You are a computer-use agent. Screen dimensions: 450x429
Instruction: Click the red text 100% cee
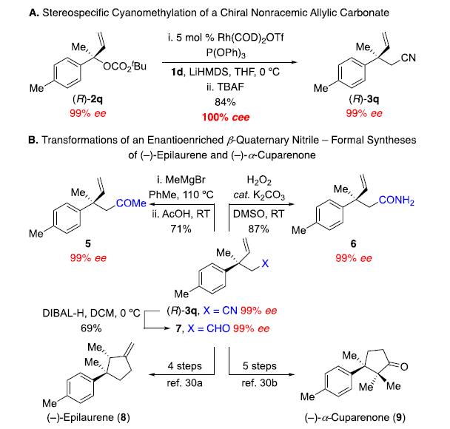coord(226,117)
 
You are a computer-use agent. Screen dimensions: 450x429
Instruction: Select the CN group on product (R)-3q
coord(408,58)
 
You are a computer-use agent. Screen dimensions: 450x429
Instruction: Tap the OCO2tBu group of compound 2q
coord(125,67)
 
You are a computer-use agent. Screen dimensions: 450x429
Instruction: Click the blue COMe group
coord(131,203)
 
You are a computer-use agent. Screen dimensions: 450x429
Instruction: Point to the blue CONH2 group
coord(396,200)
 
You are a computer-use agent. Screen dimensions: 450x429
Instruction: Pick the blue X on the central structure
coord(265,263)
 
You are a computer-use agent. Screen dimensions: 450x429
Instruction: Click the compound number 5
coord(88,244)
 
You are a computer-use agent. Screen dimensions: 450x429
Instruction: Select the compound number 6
coord(353,244)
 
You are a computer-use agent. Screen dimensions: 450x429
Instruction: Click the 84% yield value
coord(225,102)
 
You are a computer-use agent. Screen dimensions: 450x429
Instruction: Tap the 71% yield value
coord(181,229)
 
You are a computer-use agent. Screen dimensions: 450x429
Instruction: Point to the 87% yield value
coord(258,229)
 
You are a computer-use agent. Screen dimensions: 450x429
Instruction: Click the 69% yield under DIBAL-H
coord(91,328)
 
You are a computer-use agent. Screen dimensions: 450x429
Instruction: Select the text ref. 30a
coord(184,383)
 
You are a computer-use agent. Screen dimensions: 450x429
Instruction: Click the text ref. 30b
coord(260,383)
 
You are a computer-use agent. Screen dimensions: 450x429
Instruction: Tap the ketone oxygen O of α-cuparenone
coord(404,367)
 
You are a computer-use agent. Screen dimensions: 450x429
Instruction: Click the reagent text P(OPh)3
coord(226,53)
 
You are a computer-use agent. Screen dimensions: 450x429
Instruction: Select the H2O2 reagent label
coord(259,180)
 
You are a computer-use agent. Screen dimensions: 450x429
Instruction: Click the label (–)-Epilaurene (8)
coord(88,417)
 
